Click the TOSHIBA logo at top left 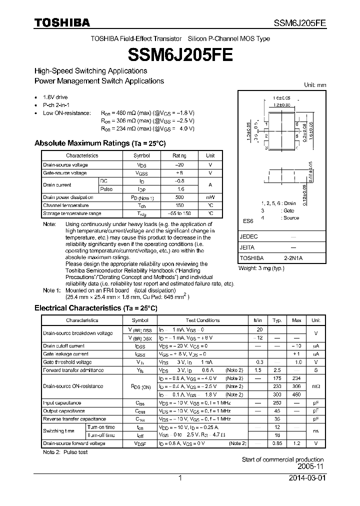point(62,22)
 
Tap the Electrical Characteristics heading point(95,308)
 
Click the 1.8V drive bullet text point(55,97)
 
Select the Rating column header point(179,155)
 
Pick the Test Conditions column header point(202,320)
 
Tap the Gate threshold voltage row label point(67,362)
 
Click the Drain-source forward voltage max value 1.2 point(296,443)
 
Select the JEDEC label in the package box point(249,236)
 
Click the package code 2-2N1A point(292,258)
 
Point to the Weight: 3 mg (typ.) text point(261,268)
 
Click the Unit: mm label point(315,85)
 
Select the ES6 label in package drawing point(248,220)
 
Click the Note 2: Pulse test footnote point(65,452)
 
